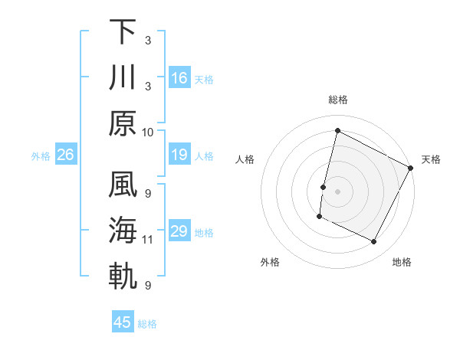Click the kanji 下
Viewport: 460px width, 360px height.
[x=123, y=31]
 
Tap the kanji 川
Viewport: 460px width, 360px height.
[x=123, y=77]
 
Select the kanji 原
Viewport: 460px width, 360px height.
[x=123, y=123]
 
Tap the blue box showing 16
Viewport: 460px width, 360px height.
[x=179, y=78]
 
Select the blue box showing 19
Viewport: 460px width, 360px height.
[x=179, y=155]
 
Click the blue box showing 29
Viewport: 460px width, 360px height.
[x=179, y=232]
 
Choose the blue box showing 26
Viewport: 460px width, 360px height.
[x=66, y=155]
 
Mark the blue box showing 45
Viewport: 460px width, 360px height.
[x=123, y=322]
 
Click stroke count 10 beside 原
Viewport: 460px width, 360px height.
[x=148, y=132]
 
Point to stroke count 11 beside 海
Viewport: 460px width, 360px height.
[x=148, y=240]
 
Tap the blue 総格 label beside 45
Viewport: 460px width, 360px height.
[x=147, y=323]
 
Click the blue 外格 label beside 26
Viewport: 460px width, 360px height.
[x=41, y=156]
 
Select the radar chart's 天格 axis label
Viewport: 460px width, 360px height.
[x=431, y=159]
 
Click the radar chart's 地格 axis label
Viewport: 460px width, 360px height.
[x=402, y=262]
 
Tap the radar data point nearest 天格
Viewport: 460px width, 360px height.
[x=411, y=168]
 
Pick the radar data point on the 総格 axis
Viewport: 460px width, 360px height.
[x=337, y=130]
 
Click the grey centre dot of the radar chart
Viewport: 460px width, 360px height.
[x=337, y=191]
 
